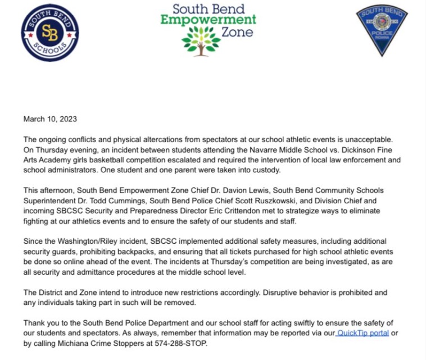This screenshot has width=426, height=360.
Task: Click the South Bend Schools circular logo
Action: pyautogui.click(x=49, y=32)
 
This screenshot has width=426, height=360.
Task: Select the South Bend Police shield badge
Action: pyautogui.click(x=382, y=30)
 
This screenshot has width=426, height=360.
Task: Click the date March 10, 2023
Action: pyautogui.click(x=50, y=119)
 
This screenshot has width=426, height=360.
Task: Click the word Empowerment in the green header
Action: pyautogui.click(x=208, y=21)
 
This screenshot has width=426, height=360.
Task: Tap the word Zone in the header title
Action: pyautogui.click(x=237, y=33)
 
